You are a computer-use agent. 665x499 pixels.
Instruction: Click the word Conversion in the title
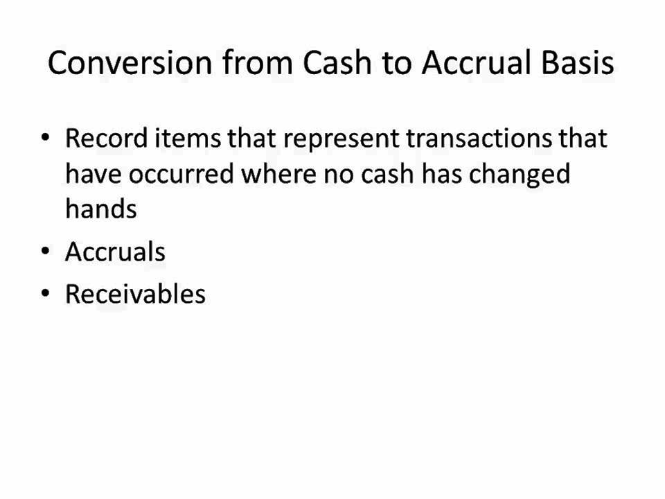tap(130, 62)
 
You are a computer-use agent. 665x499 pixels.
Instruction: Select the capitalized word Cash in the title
tap(337, 62)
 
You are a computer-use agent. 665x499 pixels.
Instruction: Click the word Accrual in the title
tap(477, 62)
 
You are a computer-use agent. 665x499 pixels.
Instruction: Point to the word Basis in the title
tap(578, 62)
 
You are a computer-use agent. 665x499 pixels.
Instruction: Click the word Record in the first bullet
tap(107, 138)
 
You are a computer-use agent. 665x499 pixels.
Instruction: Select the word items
tap(188, 138)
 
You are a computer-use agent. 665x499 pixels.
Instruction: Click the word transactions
tap(479, 138)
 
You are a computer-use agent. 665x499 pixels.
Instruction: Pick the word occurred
tap(181, 173)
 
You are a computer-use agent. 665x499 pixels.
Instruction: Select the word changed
tap(520, 175)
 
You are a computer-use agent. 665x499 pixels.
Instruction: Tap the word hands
tap(101, 209)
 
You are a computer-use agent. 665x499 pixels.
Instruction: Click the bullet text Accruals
tap(115, 252)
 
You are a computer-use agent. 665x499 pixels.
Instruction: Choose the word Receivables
tap(135, 294)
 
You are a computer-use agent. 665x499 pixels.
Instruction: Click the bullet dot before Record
tap(46, 138)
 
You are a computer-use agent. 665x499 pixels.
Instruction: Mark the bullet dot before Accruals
tap(46, 251)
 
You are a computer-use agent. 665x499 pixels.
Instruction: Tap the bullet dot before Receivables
tap(46, 294)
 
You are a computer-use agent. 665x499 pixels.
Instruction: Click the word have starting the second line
tap(94, 173)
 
